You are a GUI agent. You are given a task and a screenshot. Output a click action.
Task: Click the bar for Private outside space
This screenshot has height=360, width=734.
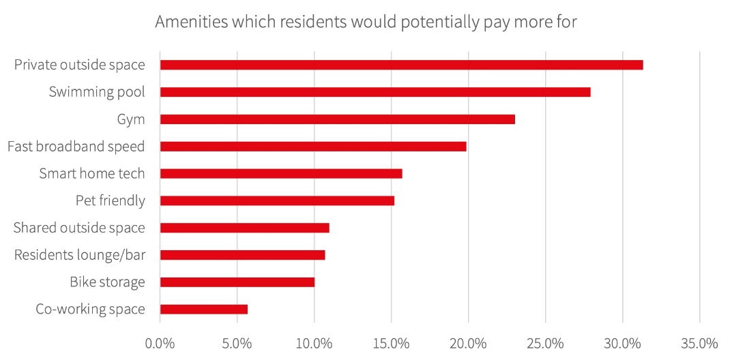pyautogui.click(x=401, y=65)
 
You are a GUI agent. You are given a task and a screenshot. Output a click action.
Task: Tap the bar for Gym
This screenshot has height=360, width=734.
pyautogui.click(x=337, y=119)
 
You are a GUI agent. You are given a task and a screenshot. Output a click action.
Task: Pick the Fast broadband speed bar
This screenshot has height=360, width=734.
pyautogui.click(x=313, y=146)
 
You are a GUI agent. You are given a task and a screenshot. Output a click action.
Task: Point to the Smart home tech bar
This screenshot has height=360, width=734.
pyautogui.click(x=281, y=173)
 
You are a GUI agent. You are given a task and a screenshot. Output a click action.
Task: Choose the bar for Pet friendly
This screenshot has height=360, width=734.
pyautogui.click(x=277, y=200)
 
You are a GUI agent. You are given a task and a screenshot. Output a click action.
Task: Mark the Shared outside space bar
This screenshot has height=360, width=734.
pyautogui.click(x=244, y=228)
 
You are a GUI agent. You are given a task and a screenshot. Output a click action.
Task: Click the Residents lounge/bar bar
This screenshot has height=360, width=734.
pyautogui.click(x=242, y=255)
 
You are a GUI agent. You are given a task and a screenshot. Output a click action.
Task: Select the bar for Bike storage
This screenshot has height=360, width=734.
pyautogui.click(x=237, y=282)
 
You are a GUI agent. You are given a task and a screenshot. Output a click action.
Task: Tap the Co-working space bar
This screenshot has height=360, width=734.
pyautogui.click(x=203, y=309)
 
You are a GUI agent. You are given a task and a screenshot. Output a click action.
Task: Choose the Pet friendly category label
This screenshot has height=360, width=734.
pyautogui.click(x=110, y=200)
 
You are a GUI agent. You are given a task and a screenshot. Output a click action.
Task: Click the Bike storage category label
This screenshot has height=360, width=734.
pyautogui.click(x=107, y=282)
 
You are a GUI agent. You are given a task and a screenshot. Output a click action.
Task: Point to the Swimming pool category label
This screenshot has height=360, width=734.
pyautogui.click(x=97, y=92)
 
